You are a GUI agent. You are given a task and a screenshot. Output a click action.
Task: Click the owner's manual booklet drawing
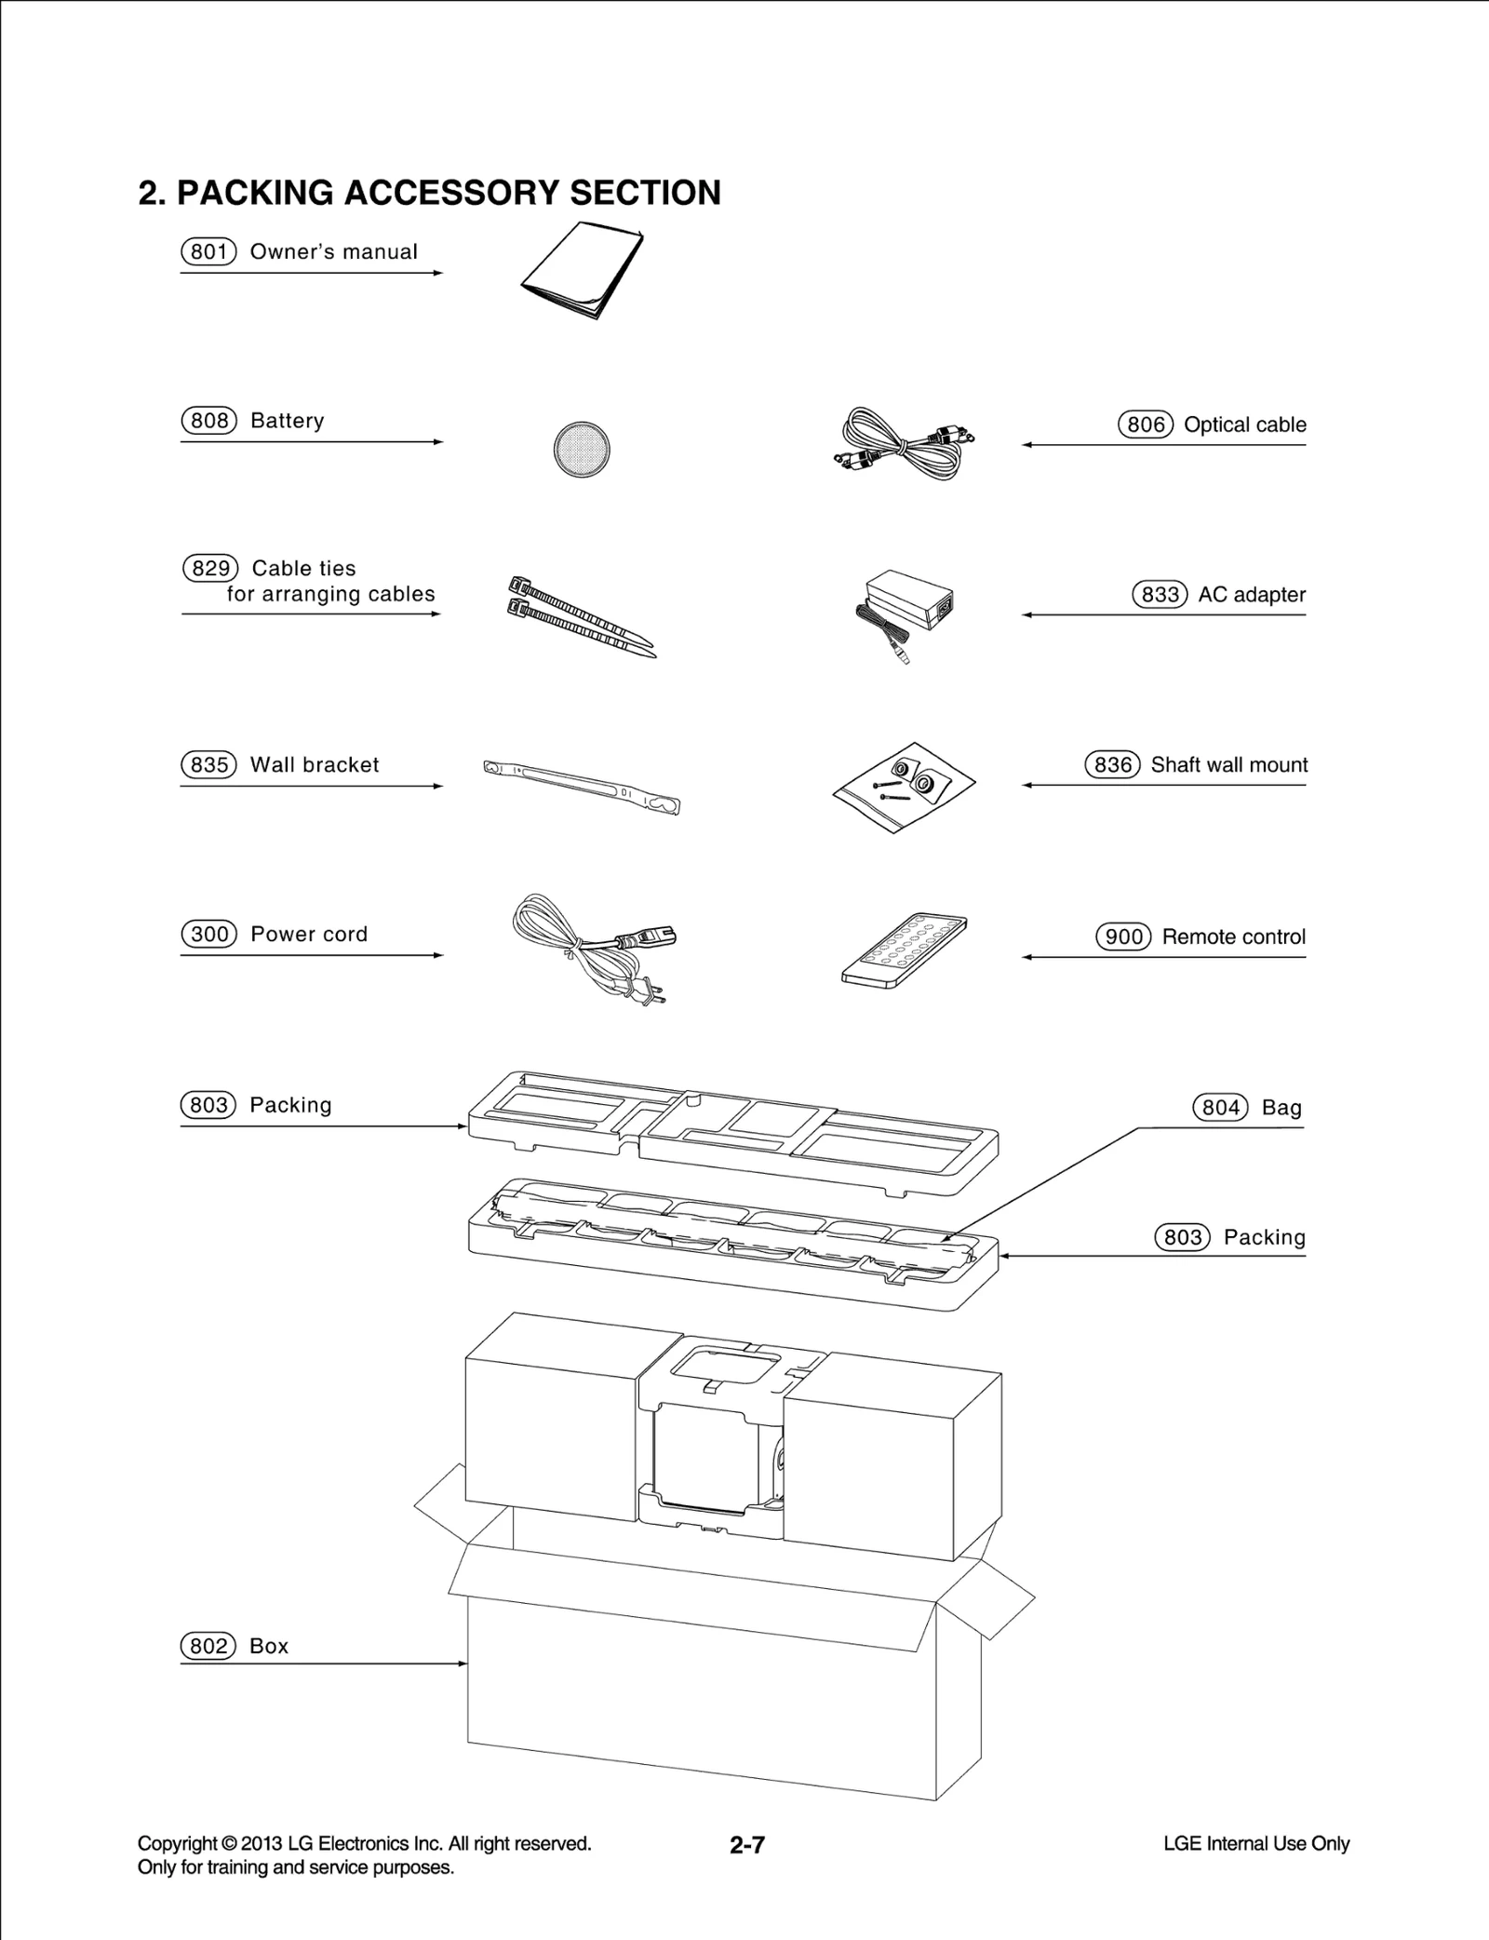pyautogui.click(x=582, y=270)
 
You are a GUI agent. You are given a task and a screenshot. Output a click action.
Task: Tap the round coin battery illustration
pyautogui.click(x=582, y=449)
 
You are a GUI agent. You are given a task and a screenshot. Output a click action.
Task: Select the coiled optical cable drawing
pyautogui.click(x=901, y=445)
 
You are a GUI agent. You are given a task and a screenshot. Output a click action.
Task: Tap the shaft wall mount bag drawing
pyautogui.click(x=903, y=787)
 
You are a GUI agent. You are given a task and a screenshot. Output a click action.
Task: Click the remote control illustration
pyautogui.click(x=903, y=950)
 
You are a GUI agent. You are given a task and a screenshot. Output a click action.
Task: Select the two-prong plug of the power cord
pyautogui.click(x=649, y=992)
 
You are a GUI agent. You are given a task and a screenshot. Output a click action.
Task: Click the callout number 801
pyautogui.click(x=208, y=252)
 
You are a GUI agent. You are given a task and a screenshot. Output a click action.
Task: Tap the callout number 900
pyautogui.click(x=1123, y=937)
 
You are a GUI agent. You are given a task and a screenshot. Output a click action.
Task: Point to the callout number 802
pyautogui.click(x=208, y=1647)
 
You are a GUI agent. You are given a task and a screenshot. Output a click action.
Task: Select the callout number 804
pyautogui.click(x=1220, y=1108)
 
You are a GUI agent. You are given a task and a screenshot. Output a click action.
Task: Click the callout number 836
pyautogui.click(x=1112, y=765)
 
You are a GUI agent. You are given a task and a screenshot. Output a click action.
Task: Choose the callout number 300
pyautogui.click(x=208, y=935)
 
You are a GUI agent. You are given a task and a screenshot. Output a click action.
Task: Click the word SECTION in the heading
pyautogui.click(x=645, y=193)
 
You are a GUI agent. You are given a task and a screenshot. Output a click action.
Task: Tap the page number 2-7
pyautogui.click(x=746, y=1845)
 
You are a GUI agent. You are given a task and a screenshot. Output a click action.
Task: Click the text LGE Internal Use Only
pyautogui.click(x=1255, y=1844)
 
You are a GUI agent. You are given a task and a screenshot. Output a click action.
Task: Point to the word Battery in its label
pyautogui.click(x=288, y=421)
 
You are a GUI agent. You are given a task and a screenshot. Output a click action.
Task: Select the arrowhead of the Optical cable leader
pyautogui.click(x=1026, y=445)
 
